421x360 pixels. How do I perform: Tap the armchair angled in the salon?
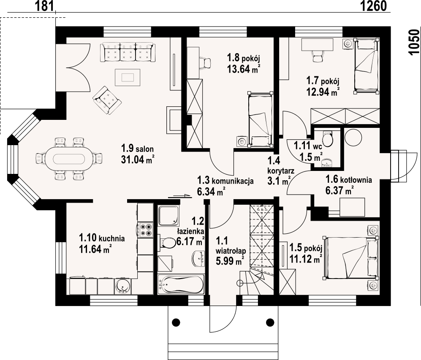tap(107, 100)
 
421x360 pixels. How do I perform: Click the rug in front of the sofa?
tap(127, 77)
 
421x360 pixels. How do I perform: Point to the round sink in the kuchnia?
tap(123, 286)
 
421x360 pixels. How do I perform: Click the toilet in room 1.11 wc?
tap(328, 138)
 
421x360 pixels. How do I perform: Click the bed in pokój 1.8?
tap(258, 119)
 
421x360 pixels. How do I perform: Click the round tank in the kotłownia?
tap(353, 138)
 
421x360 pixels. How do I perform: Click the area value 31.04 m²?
tap(137, 159)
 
